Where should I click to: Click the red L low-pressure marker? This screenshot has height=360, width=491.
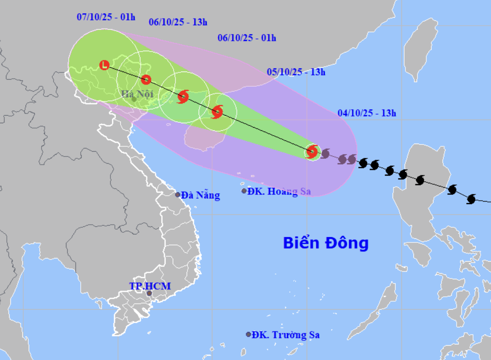tap(104, 65)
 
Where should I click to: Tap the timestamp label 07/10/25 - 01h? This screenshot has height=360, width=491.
tap(106, 17)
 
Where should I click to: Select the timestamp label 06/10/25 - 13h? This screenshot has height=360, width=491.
tap(178, 22)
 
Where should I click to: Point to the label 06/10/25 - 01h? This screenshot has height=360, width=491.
tap(247, 38)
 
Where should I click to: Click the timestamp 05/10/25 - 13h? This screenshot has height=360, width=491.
tap(296, 72)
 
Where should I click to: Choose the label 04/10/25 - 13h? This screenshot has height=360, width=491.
tap(367, 113)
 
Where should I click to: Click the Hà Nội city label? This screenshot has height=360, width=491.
tap(138, 94)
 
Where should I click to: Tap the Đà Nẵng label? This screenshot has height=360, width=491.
tap(200, 195)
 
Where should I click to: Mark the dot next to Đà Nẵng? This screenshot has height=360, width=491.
tap(178, 195)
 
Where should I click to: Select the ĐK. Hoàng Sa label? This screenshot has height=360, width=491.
tap(279, 192)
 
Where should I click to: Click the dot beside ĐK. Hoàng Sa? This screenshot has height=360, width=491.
tap(244, 191)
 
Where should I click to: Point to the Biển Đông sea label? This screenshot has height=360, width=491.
tap(326, 243)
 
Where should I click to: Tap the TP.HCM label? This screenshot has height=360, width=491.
tap(150, 286)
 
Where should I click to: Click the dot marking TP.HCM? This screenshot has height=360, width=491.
tap(149, 293)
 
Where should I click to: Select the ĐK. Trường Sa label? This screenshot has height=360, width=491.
tap(285, 335)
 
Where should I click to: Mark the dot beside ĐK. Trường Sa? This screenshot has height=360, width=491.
tap(248, 334)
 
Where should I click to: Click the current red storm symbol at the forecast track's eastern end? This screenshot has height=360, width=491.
tap(312, 152)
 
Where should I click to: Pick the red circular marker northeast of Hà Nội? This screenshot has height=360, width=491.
tap(146, 80)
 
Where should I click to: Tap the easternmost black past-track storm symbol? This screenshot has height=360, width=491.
tap(471, 199)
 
